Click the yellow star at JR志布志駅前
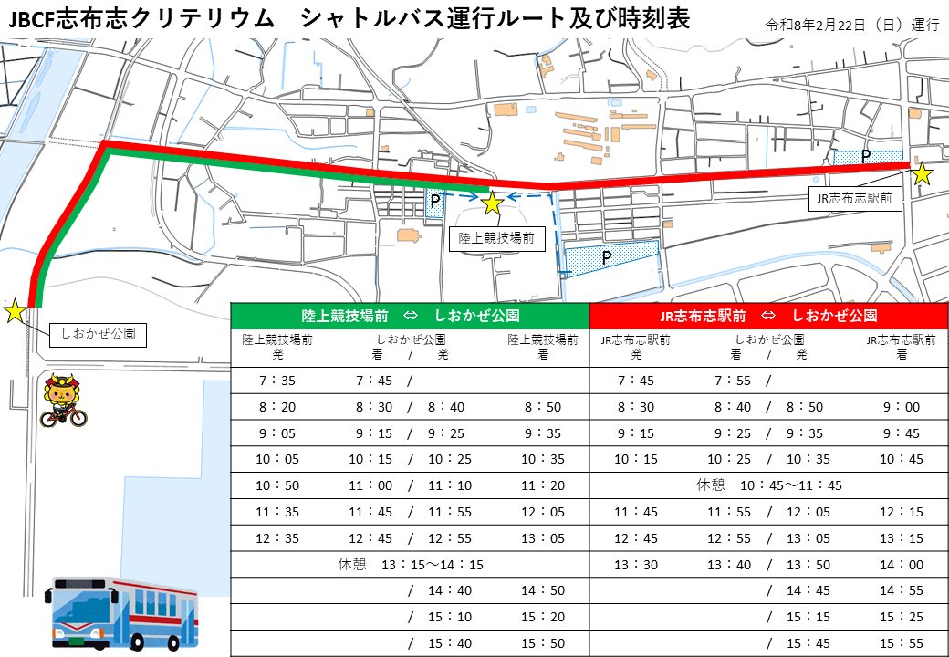pos(923,173)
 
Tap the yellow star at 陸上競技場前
pos(492,203)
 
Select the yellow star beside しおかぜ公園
pos(15,311)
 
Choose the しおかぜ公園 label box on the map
pos(98,334)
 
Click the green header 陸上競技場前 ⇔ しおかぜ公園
pos(410,316)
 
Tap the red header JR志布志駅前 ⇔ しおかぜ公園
pos(768,316)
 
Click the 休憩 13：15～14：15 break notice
pos(411,565)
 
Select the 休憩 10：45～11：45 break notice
pos(768,485)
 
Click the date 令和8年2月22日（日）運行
pos(853,25)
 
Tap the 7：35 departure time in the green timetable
pos(277,381)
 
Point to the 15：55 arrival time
pos(902,643)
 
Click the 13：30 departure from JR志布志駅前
pos(636,565)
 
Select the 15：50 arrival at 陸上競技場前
pos(542,643)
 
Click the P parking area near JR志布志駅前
pos(867,157)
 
